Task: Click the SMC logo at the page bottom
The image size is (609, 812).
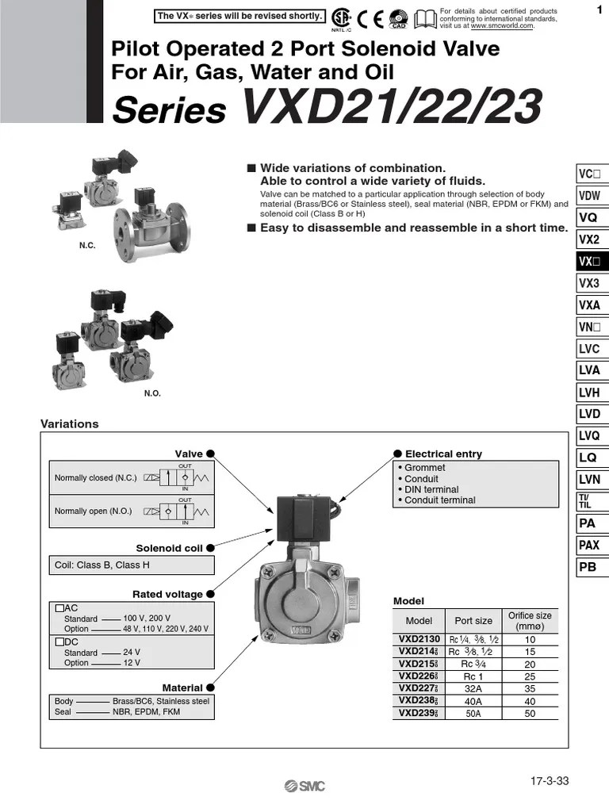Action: click(x=305, y=786)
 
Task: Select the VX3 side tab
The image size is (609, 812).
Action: click(x=589, y=283)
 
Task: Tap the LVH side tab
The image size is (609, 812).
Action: click(x=589, y=392)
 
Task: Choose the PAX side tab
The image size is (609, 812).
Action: click(x=589, y=545)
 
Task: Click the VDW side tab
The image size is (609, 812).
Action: click(x=589, y=196)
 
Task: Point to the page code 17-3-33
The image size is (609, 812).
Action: click(x=550, y=781)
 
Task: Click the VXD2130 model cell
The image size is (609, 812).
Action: click(x=419, y=640)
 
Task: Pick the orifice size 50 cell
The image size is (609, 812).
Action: click(x=530, y=714)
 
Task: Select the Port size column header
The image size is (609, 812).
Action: click(x=473, y=621)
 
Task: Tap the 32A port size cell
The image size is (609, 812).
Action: click(x=473, y=689)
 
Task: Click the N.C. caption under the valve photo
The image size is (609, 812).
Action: click(x=87, y=247)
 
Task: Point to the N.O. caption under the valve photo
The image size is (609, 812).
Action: click(x=152, y=393)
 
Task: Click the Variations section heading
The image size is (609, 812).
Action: click(x=70, y=424)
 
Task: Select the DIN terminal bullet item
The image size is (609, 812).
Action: click(x=431, y=489)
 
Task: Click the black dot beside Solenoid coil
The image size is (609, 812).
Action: click(x=211, y=547)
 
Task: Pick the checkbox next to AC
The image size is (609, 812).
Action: click(x=59, y=608)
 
